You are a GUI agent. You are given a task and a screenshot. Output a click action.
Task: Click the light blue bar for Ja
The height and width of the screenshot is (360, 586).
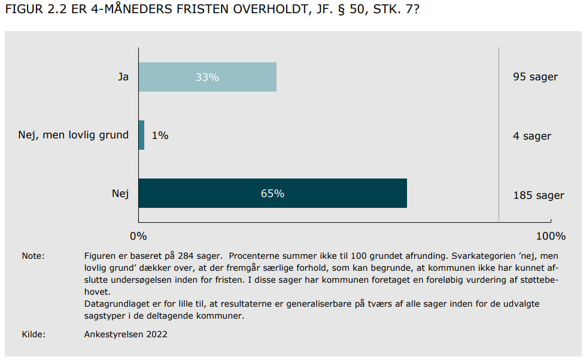point(208,77)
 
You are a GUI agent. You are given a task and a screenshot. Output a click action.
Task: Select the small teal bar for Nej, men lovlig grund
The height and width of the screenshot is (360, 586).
point(141,135)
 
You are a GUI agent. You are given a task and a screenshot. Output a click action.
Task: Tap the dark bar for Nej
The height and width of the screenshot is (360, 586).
point(273,193)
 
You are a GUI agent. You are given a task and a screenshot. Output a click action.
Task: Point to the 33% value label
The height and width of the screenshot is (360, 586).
point(207,77)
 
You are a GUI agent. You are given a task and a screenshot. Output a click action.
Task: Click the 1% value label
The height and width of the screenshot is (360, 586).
point(160,135)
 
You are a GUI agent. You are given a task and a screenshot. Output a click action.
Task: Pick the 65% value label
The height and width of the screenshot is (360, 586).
point(272,193)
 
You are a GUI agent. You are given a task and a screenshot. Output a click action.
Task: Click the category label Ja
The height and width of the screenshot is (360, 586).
point(123,77)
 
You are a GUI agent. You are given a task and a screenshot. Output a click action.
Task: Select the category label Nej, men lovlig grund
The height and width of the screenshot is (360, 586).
point(73,135)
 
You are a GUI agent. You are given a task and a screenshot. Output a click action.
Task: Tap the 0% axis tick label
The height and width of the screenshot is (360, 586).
point(138,236)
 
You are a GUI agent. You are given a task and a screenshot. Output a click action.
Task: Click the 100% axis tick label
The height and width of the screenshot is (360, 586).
point(551,236)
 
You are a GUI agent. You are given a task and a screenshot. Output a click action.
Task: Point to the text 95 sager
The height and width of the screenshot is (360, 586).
point(535,77)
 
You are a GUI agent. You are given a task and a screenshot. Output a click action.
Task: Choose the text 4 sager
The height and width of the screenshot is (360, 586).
point(532,136)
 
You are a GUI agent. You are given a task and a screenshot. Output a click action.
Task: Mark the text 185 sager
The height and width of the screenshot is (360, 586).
point(539,195)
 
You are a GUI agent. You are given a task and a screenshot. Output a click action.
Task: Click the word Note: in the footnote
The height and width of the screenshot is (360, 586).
point(33,256)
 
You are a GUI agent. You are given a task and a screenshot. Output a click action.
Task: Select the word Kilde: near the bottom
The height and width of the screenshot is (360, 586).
point(34,334)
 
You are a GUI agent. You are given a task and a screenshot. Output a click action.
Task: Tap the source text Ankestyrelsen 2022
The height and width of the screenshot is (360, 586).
point(126,335)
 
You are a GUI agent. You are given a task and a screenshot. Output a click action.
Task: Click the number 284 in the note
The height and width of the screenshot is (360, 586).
point(186,256)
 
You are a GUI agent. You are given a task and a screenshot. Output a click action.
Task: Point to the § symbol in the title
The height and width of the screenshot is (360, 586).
point(341,9)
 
